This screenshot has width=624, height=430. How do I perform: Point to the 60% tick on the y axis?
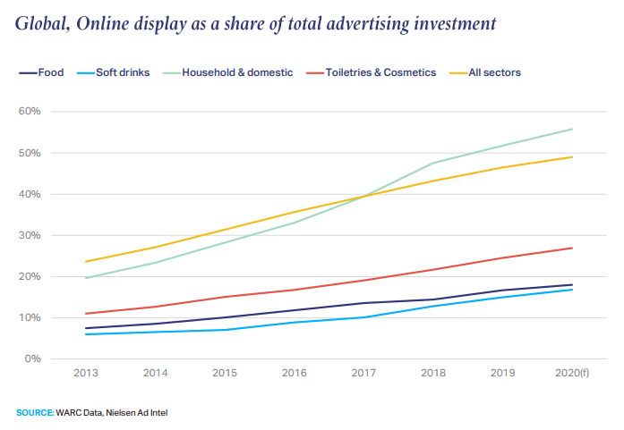point(30,112)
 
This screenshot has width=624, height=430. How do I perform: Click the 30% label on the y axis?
point(30,235)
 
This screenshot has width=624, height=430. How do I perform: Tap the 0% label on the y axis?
point(32,358)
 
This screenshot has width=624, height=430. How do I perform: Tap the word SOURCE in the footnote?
point(34,412)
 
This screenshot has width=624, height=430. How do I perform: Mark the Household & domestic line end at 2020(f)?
point(572,129)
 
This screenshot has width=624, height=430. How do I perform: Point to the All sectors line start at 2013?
point(85,262)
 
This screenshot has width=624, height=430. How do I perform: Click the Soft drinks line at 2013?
point(85,334)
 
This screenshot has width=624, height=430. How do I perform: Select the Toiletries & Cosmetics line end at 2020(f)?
point(572,248)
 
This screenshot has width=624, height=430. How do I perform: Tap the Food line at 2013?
point(85,328)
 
